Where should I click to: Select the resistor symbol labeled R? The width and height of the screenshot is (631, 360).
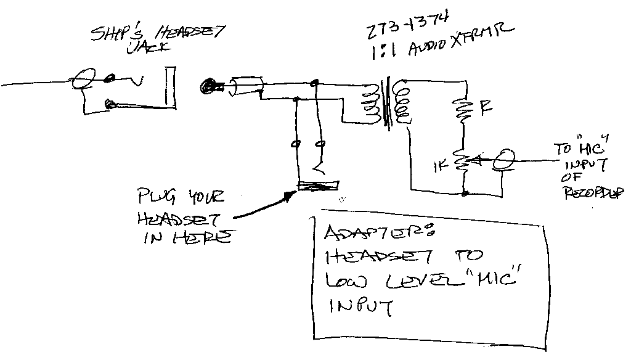[x=461, y=110]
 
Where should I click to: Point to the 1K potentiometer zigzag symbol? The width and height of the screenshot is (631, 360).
[x=462, y=162]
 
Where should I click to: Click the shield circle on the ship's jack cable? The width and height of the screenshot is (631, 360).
[x=83, y=80]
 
